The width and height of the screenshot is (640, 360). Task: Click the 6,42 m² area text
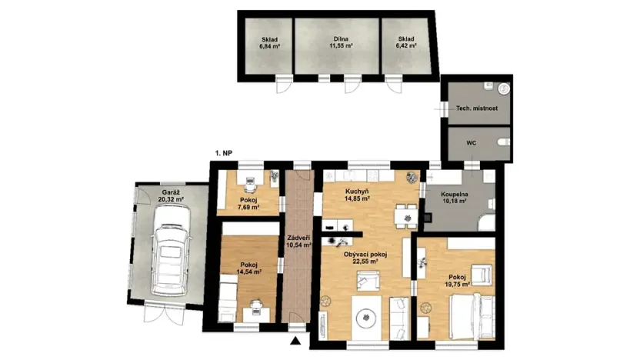click(406, 46)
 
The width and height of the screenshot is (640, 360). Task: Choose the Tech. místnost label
click(477, 108)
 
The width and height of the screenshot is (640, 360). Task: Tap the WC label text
click(472, 143)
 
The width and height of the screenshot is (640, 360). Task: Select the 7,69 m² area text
click(248, 208)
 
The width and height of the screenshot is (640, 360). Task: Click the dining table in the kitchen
click(401, 217)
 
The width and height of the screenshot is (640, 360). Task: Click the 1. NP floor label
click(224, 154)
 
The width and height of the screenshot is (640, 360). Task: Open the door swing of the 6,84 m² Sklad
click(283, 85)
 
